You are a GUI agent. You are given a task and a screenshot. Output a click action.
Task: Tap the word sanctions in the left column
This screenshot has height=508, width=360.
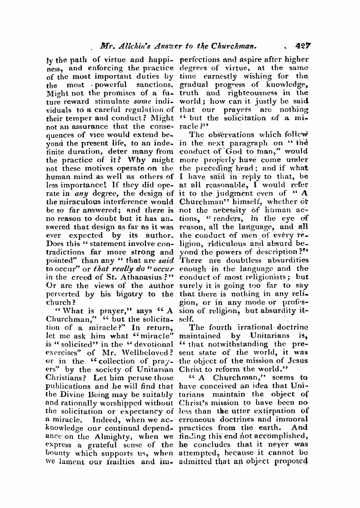tap(155, 84)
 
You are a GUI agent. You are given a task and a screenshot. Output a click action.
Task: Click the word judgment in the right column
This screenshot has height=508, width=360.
tap(248, 193)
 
